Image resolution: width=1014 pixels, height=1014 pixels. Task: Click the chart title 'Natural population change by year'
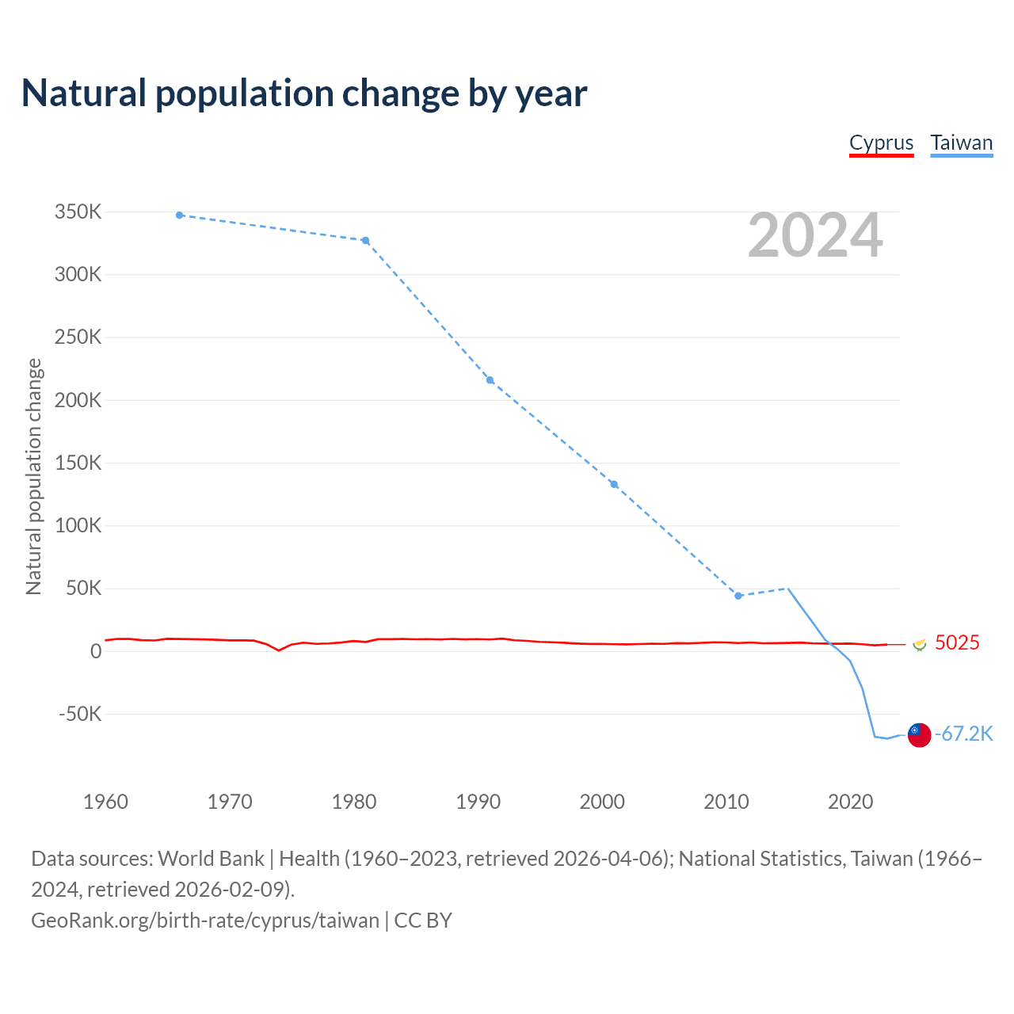304,93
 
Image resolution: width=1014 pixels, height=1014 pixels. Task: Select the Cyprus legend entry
881,143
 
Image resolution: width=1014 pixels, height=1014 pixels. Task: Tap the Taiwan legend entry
961,143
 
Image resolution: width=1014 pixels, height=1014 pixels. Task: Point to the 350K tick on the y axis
78,212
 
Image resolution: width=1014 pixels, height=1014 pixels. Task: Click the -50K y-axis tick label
80,714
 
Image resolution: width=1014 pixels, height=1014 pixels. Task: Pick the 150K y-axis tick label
78,463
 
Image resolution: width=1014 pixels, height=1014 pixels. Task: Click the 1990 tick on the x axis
478,802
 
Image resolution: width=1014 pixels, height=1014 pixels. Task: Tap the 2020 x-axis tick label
850,802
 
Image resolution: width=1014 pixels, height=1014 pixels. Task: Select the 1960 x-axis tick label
105,802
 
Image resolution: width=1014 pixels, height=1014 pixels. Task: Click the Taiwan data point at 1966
180,215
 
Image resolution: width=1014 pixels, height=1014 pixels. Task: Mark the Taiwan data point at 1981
365,241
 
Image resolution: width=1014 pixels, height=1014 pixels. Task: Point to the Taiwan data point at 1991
490,380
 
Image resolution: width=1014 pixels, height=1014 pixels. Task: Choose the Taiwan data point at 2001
614,484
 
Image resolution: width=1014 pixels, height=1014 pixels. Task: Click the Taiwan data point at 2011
738,596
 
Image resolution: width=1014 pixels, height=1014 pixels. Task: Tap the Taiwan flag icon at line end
919,735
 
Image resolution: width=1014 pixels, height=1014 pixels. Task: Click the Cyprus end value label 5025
957,642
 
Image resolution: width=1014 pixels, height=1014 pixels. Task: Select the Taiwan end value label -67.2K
963,734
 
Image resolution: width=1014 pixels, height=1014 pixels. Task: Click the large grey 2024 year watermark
815,235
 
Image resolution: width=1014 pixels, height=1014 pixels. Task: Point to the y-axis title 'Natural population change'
34,476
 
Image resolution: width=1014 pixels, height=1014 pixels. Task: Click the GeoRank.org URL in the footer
205,921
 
